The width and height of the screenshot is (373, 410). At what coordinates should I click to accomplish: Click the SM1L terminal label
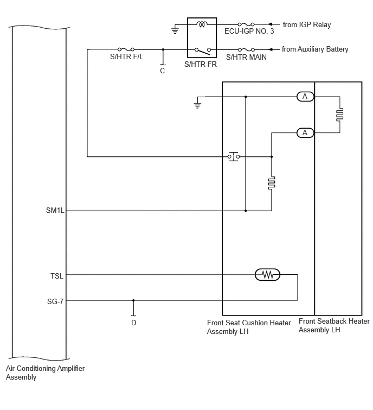point(55,210)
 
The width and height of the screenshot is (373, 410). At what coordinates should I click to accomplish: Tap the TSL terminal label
point(57,276)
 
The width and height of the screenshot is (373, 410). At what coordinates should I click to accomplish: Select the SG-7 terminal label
point(55,301)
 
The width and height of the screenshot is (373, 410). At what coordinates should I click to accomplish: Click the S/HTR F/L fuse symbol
point(126,49)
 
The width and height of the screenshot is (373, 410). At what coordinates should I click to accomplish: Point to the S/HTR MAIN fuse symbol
point(246,49)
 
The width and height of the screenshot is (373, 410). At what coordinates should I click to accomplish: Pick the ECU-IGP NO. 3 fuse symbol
point(246,24)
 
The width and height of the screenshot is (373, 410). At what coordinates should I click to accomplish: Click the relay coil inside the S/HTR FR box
point(202,24)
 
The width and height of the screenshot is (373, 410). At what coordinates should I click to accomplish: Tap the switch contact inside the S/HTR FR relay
point(203,51)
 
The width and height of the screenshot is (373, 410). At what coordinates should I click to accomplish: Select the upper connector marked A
point(305,97)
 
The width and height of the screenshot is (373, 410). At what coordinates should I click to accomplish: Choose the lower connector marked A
point(305,133)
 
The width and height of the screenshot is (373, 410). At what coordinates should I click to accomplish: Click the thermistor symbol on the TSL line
point(267,275)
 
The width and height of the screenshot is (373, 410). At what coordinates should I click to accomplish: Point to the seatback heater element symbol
point(339,115)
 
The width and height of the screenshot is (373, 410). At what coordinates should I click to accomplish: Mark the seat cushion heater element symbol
point(272,183)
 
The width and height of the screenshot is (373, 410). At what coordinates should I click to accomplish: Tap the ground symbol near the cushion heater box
point(197,105)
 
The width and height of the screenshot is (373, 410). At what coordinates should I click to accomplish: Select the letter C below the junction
point(162,71)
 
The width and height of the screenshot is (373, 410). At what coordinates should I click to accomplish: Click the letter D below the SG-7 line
point(134,323)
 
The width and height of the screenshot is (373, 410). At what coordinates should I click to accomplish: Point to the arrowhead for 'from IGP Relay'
point(271,24)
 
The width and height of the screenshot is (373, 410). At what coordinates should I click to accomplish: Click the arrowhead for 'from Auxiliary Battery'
point(271,49)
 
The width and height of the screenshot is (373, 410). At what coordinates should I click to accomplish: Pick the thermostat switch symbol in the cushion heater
point(234,156)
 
